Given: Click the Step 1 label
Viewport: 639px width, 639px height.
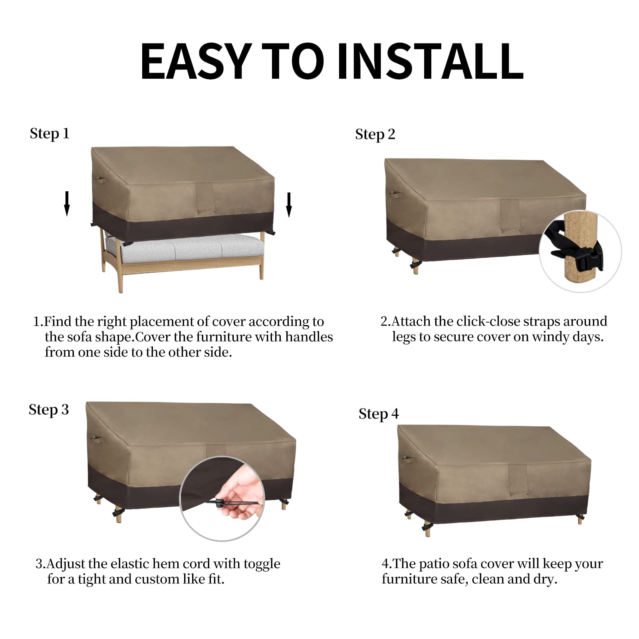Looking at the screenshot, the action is coord(50,134).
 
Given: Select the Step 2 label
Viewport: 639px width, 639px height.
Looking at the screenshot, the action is coord(375,135).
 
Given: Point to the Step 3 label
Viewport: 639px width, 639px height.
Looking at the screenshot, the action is coord(49,410).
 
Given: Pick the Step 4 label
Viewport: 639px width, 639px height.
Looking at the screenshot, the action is coord(379,414).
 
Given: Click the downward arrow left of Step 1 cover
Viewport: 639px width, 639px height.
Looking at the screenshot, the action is coord(67,204).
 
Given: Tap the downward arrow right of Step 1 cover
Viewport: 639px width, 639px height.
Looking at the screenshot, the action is coord(289,205).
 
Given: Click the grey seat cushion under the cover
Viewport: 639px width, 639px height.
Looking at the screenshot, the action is coord(184,248).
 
